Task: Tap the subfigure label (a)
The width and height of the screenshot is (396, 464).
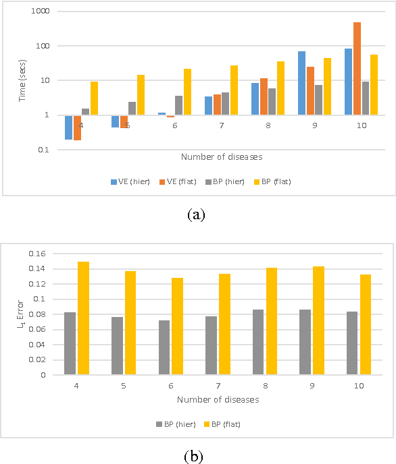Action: coord(197,214)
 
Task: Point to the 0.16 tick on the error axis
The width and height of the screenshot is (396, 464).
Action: coord(36,254)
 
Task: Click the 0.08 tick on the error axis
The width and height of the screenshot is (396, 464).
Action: coord(36,314)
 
